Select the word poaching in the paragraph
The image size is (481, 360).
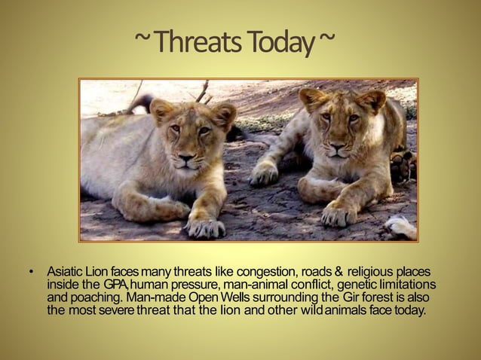click(92, 297)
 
